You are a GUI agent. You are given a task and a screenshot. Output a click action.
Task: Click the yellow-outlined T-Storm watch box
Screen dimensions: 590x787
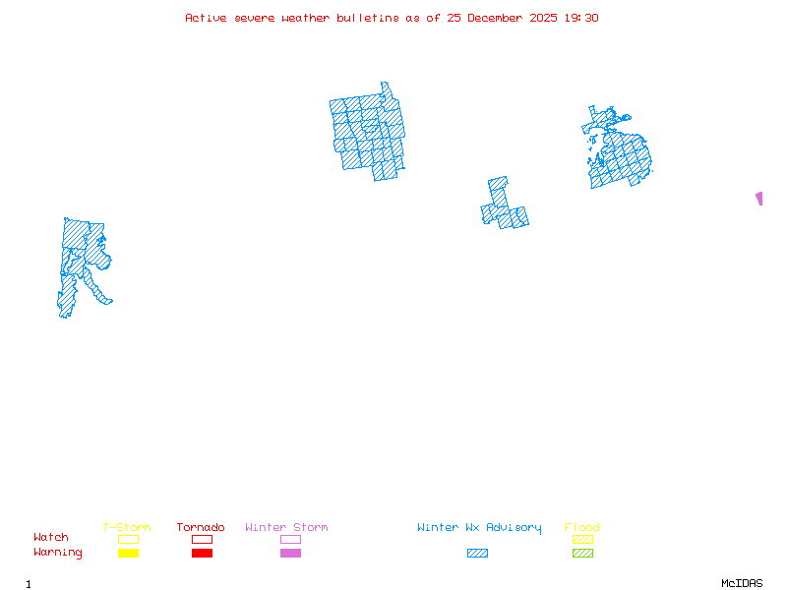[x=128, y=539]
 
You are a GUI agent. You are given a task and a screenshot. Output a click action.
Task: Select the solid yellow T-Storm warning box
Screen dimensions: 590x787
[x=128, y=554]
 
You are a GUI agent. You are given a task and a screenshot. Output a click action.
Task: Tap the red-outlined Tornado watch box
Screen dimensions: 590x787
[x=202, y=539]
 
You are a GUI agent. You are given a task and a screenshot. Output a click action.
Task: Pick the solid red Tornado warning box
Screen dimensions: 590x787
[x=202, y=554]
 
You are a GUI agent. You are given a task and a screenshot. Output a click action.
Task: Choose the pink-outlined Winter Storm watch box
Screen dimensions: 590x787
[x=290, y=539]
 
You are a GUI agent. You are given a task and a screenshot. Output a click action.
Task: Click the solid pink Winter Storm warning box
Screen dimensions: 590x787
[x=290, y=554]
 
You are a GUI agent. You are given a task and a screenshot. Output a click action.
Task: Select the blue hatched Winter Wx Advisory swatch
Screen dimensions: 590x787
[x=477, y=554]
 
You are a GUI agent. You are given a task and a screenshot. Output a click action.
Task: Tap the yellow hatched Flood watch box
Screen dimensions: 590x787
[x=582, y=539]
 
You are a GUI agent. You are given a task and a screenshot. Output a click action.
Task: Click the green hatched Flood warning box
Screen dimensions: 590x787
[x=582, y=554]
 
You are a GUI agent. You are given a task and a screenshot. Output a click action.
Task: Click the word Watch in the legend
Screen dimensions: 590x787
[x=51, y=538]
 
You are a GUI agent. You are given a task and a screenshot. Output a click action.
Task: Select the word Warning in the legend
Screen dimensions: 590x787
[x=57, y=553]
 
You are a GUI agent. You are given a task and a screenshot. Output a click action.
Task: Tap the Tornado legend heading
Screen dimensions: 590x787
[x=201, y=528]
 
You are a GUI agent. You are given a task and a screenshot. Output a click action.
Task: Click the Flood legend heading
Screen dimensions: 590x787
[x=582, y=528]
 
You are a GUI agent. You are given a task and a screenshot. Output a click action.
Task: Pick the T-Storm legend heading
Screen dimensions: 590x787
[x=127, y=528]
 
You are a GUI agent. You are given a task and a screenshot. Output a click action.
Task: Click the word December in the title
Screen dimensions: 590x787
[x=498, y=18]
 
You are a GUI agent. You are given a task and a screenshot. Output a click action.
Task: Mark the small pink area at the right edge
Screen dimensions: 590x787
[x=759, y=198]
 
